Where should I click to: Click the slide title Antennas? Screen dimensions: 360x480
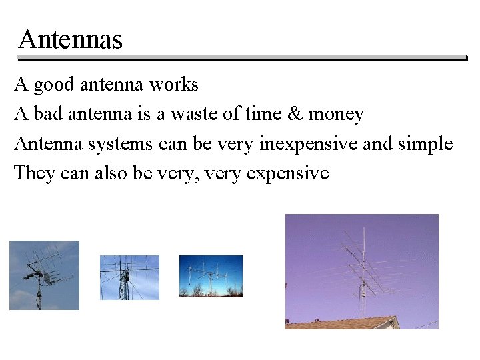pos(71,40)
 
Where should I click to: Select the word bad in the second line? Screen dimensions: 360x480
pos(45,115)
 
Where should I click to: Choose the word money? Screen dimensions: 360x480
pos(336,115)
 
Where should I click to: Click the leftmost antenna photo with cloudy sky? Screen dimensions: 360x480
pos(44,275)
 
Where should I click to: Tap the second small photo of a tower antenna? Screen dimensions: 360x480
pos(129,277)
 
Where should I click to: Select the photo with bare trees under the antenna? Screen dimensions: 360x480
pos(211,276)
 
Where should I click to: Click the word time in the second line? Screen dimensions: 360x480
pos(263,115)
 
